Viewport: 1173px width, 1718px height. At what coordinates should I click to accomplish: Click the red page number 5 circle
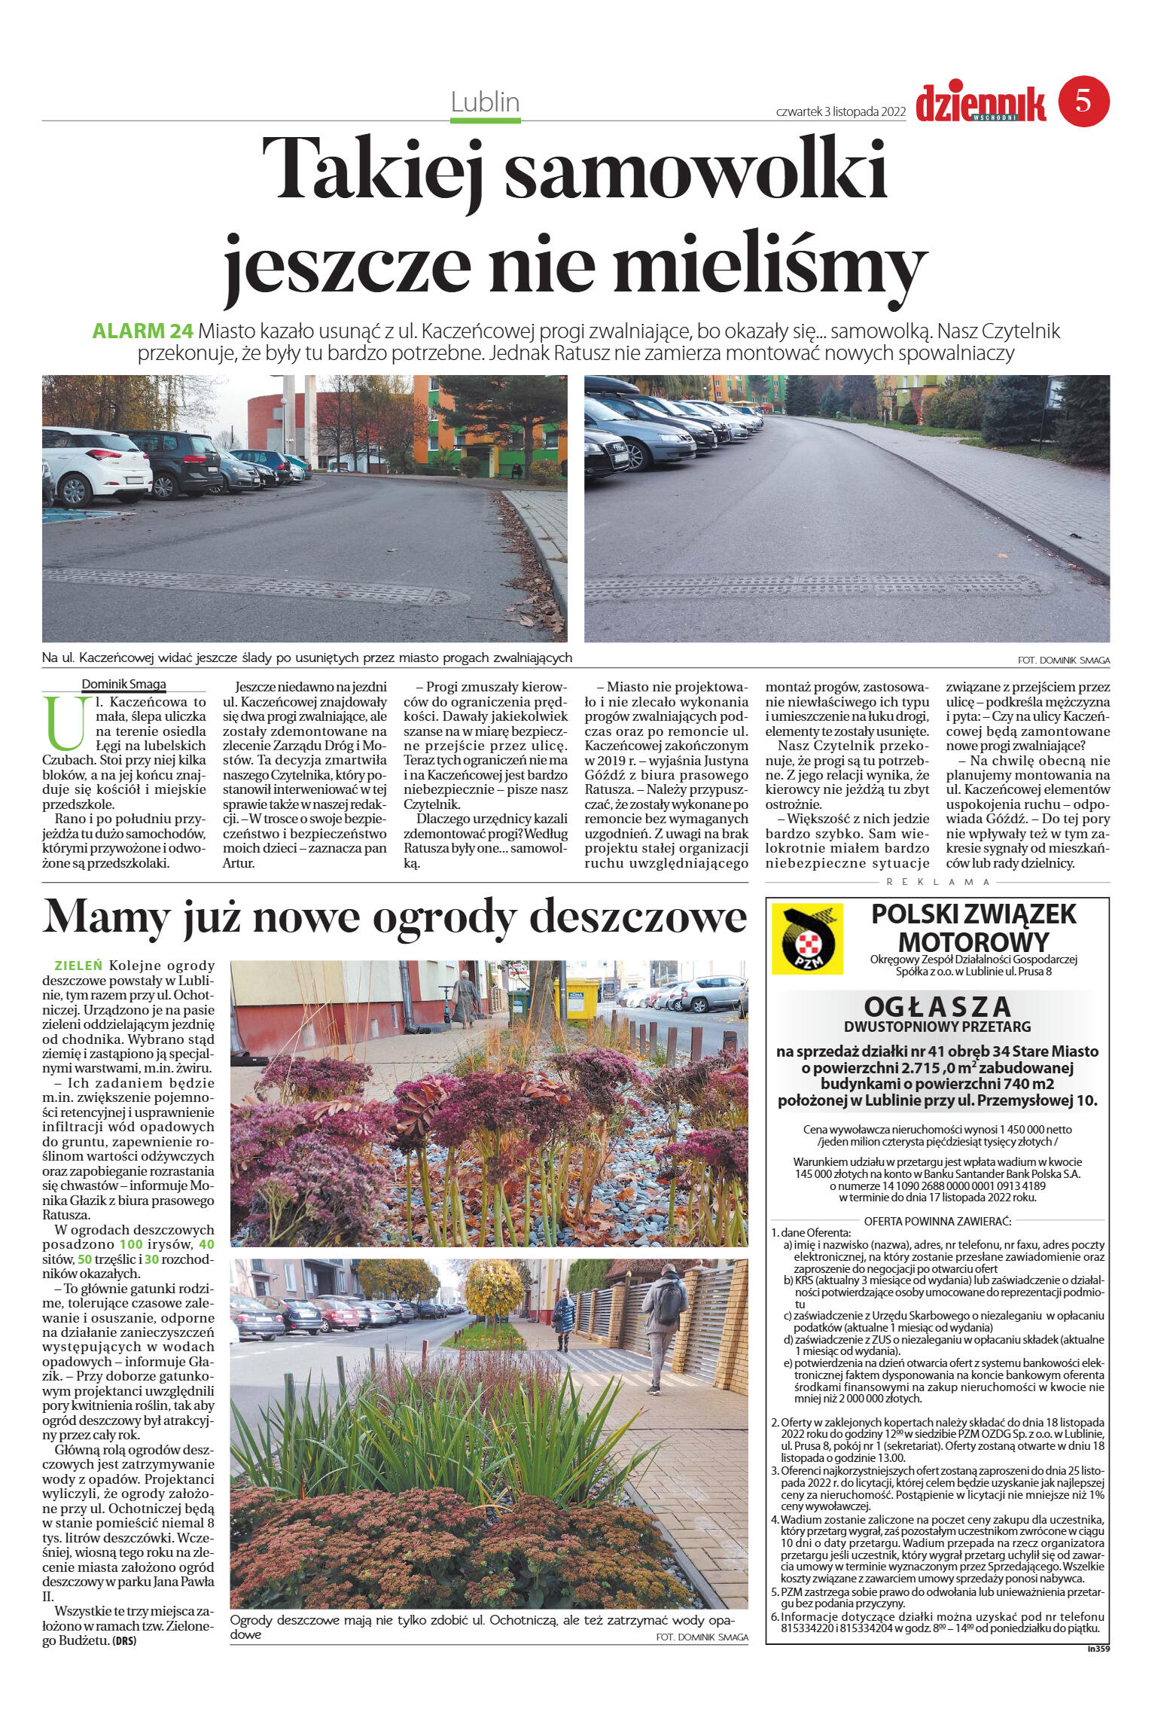click(x=1084, y=100)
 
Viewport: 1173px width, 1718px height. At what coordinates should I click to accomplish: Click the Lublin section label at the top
click(x=486, y=102)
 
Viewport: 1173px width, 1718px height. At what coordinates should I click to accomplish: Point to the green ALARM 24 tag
click(x=143, y=331)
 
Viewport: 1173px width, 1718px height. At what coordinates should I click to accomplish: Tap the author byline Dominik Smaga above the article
click(x=124, y=684)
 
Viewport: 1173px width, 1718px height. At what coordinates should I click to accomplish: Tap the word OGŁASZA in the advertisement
click(x=937, y=1007)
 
